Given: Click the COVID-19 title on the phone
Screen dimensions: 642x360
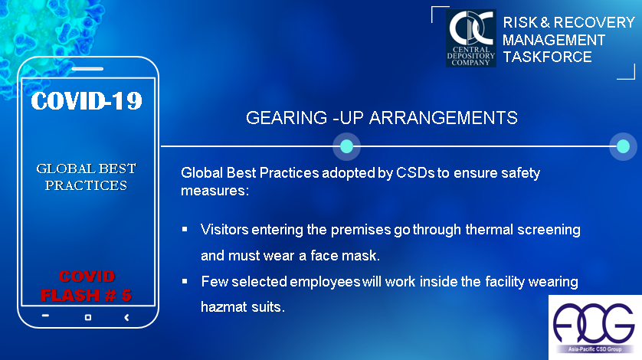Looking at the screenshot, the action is coord(87,101).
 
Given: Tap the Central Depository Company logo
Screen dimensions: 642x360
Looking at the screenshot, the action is coord(471,38).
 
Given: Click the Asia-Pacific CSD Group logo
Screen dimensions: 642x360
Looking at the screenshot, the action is coord(595,327).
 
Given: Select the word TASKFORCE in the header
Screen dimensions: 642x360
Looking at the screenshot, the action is coord(547,57).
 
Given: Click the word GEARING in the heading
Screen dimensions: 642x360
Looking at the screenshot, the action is coord(287,118).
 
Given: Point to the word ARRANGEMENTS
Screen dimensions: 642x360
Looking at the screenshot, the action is coord(443,118).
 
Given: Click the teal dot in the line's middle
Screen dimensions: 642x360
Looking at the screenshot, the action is coord(346,146).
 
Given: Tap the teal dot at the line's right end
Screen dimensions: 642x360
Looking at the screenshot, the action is coord(623,146).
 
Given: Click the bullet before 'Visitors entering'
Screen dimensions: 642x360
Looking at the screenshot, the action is coord(185,229).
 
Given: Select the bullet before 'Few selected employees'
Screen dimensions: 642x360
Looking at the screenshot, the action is coord(185,281).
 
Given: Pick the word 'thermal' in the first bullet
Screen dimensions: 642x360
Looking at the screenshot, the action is coord(489,229).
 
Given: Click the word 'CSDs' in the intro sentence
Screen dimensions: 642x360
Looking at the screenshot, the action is coord(415,173).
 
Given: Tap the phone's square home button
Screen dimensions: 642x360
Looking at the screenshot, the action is coord(88,317).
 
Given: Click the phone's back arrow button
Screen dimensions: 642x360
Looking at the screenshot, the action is coord(126,317).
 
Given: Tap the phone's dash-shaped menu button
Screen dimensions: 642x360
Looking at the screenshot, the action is coord(45,316).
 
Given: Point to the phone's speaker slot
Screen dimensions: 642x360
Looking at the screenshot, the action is coord(87,69).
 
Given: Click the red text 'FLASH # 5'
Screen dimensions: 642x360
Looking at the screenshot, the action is coord(86,296).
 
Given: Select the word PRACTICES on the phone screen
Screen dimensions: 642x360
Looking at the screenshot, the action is coord(86,185).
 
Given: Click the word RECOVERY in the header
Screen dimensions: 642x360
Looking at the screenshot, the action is coord(594,22).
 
